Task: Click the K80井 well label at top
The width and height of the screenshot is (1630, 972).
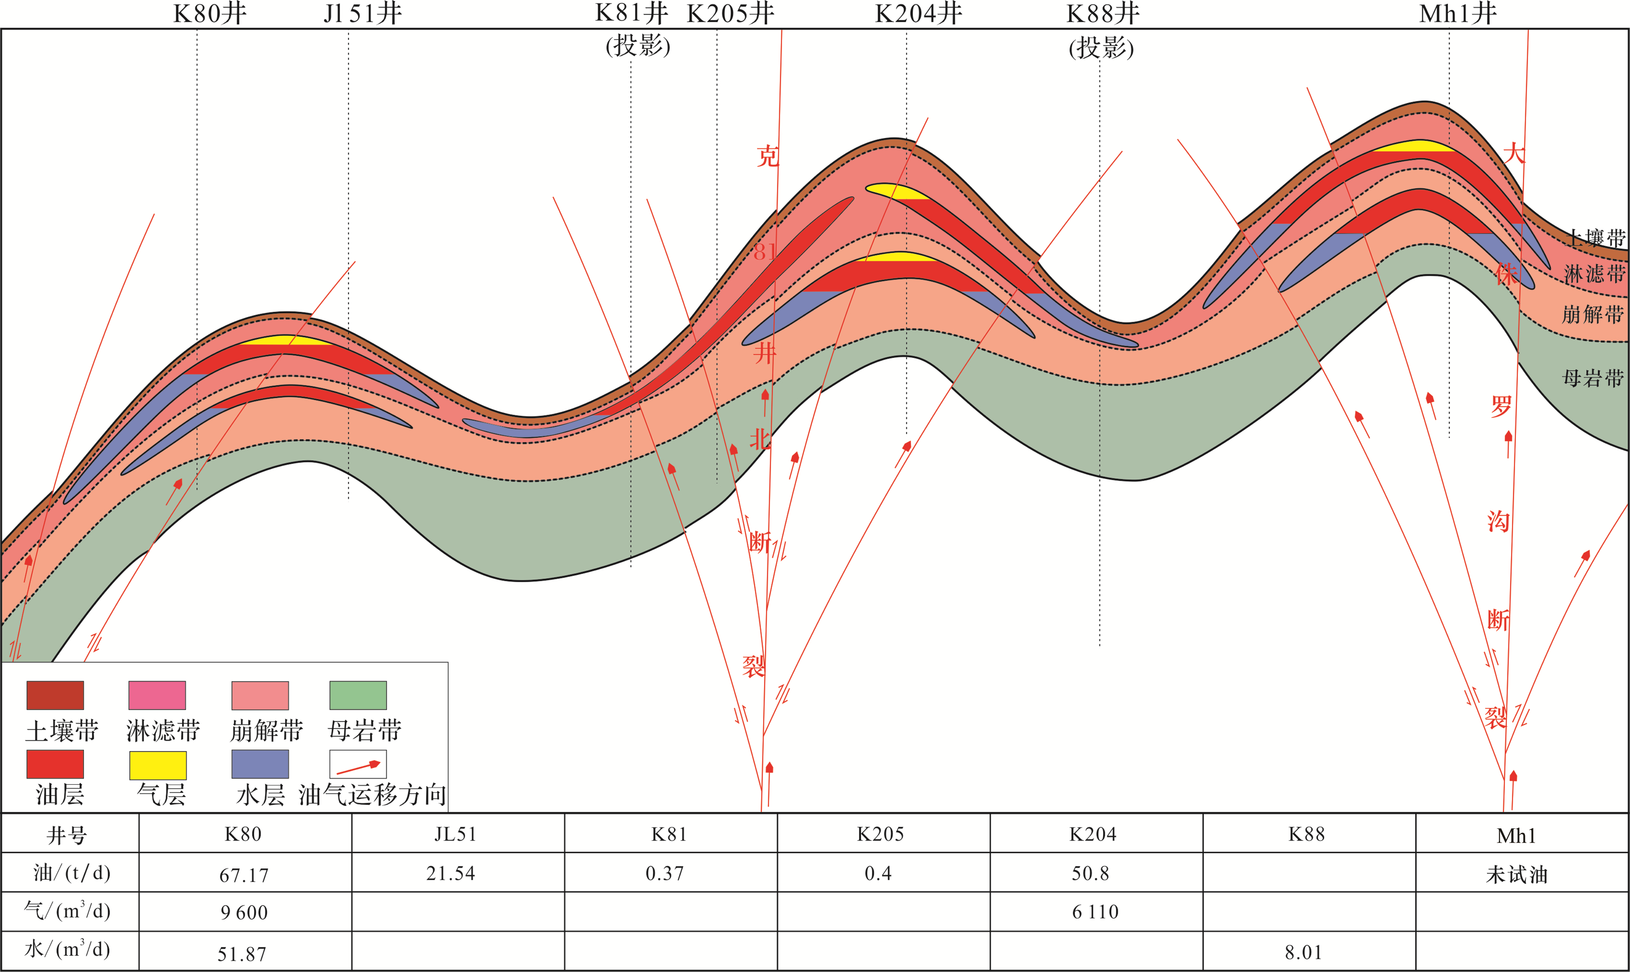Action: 210,14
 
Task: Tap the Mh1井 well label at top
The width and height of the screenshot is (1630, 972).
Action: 1458,14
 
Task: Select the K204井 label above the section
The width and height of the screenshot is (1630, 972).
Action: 918,14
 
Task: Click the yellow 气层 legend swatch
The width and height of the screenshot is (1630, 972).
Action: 158,765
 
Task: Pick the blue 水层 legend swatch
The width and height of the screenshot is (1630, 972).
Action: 260,764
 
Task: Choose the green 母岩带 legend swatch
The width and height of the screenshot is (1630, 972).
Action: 358,695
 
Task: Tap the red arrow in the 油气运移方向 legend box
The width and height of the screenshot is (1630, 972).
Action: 358,765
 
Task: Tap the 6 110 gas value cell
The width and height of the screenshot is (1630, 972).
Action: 1095,912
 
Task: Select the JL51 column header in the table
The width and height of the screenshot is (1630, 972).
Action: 455,834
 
